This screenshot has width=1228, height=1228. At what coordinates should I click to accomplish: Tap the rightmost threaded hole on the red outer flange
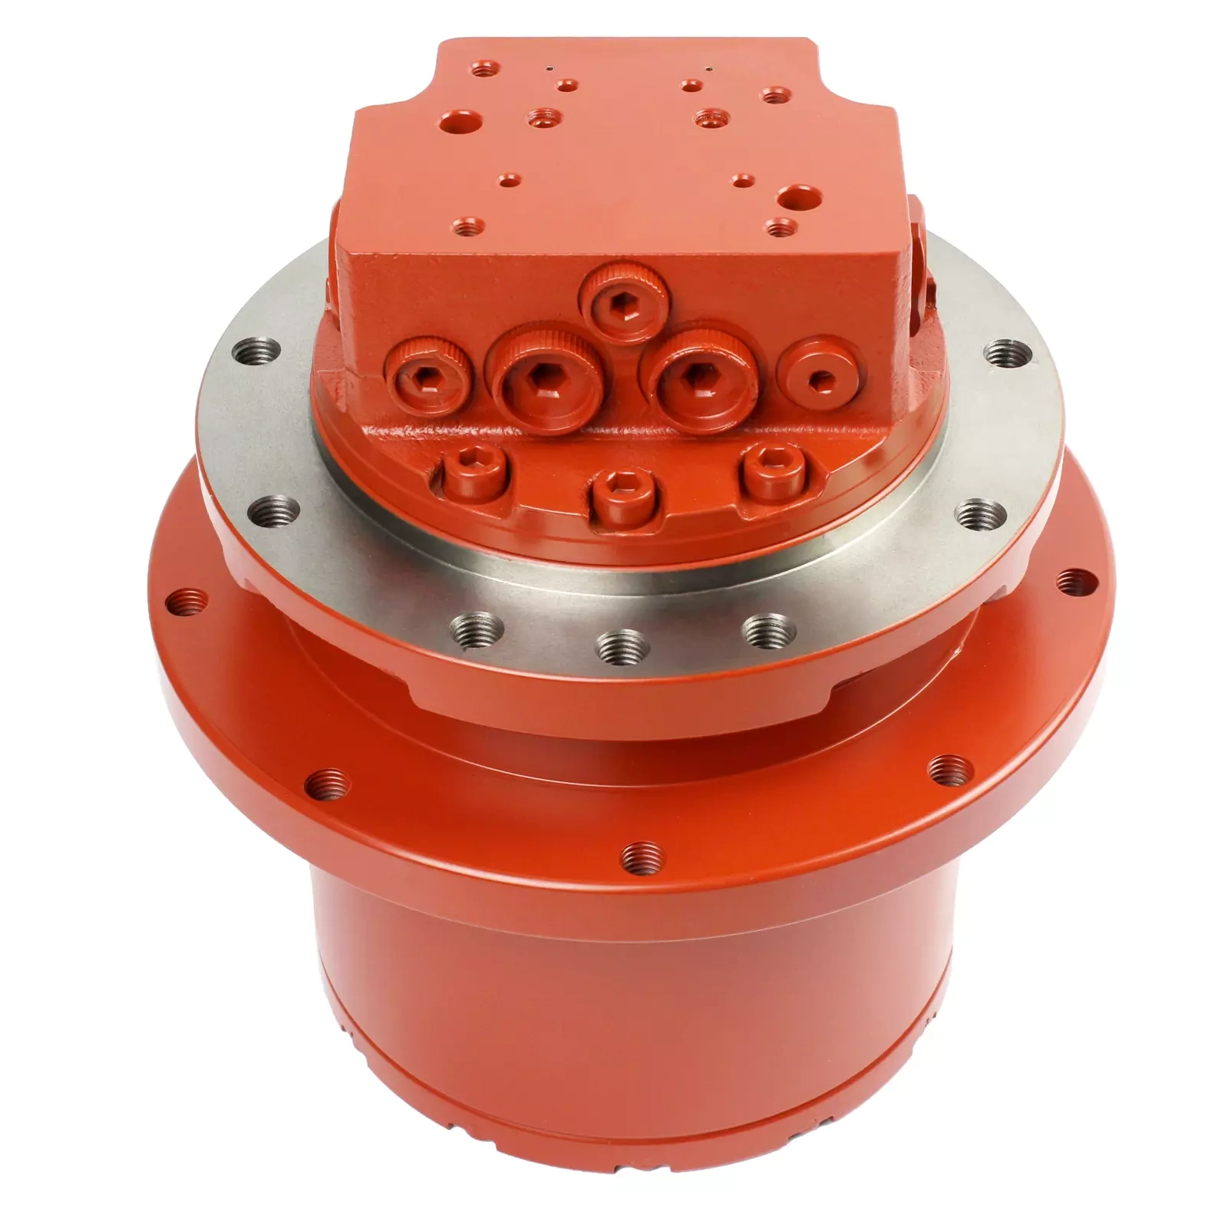click(x=1078, y=581)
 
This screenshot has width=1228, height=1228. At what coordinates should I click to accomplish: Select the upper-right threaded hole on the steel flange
click(x=1004, y=354)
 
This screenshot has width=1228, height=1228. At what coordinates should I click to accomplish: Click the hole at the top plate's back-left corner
click(x=483, y=71)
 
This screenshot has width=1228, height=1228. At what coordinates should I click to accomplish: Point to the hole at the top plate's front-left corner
click(x=466, y=226)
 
